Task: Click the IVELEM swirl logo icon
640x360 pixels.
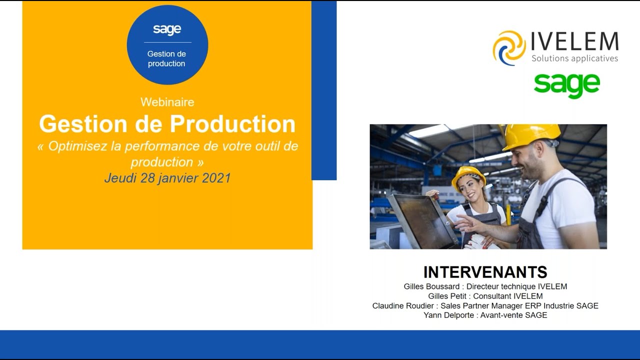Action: tap(509, 47)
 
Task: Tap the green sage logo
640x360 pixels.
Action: tap(566, 85)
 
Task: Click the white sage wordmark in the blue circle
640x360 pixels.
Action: tap(167, 29)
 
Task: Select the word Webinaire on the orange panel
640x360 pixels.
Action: tap(167, 102)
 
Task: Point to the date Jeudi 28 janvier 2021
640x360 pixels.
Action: tap(167, 178)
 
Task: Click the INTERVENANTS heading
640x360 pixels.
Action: tap(485, 272)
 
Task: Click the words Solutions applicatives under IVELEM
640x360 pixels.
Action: tap(574, 58)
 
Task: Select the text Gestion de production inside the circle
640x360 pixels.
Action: tap(167, 58)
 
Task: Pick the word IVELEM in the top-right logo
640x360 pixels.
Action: tap(574, 41)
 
